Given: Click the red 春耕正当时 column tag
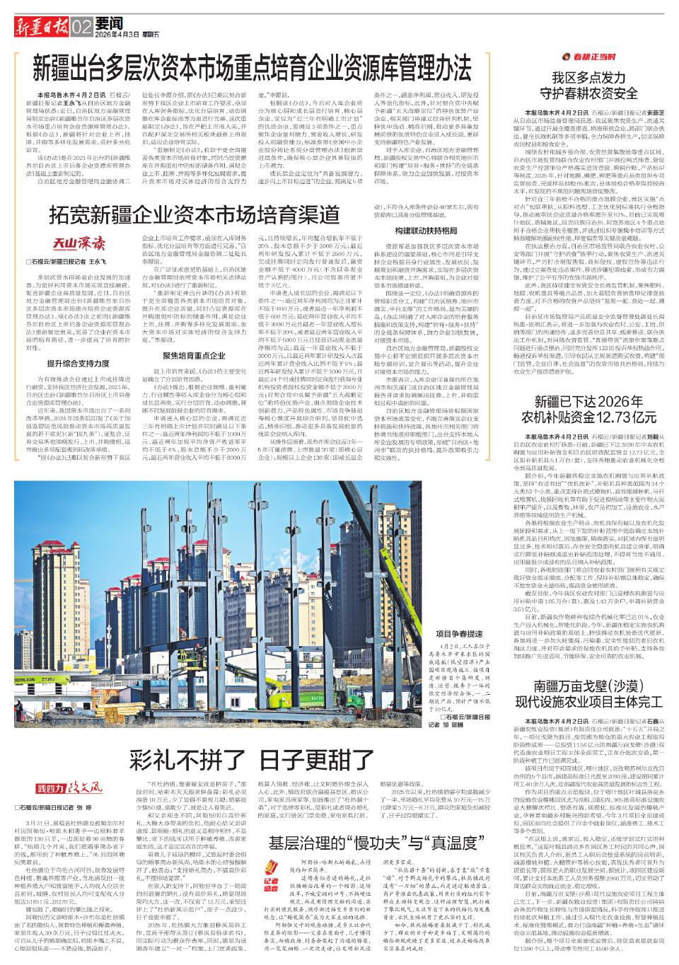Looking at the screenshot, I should [588, 56].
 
